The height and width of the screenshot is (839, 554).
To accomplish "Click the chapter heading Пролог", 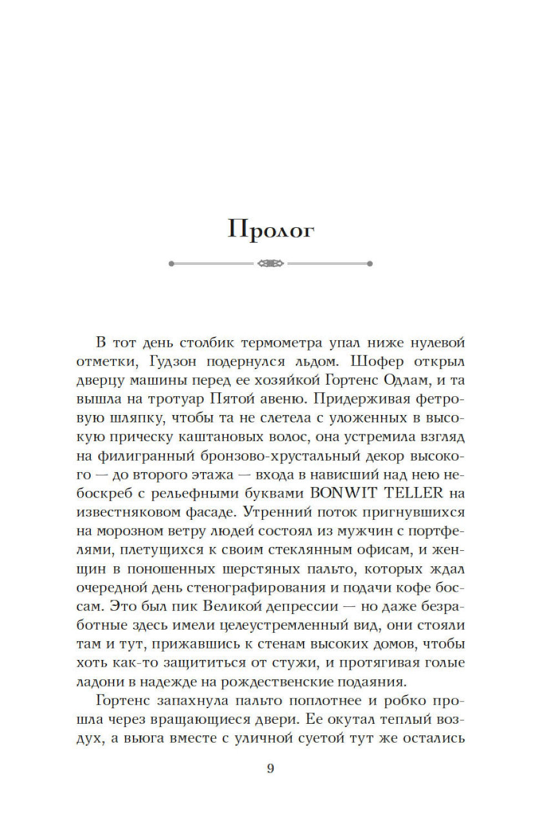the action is (x=271, y=229).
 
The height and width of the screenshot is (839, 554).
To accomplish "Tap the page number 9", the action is (x=270, y=768).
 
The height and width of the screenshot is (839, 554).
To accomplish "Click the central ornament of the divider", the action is (x=271, y=263).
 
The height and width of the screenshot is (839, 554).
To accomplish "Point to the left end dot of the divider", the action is (x=172, y=263).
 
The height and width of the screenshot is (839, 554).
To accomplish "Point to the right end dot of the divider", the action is (x=370, y=263).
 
